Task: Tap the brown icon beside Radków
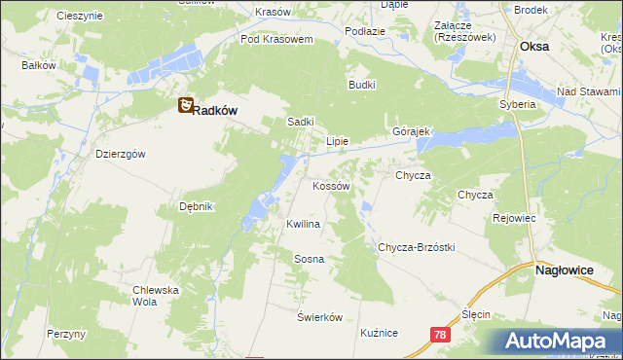coord(185,107)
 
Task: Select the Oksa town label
coord(534,46)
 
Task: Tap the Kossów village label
coord(331,185)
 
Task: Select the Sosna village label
coord(309,259)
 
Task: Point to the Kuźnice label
coord(379,333)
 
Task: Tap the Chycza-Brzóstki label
coord(417,247)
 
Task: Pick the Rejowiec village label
coord(515,218)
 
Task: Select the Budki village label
coord(362,85)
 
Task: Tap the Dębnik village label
coord(196,206)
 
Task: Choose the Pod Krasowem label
coord(276,40)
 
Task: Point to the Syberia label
coord(518,104)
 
